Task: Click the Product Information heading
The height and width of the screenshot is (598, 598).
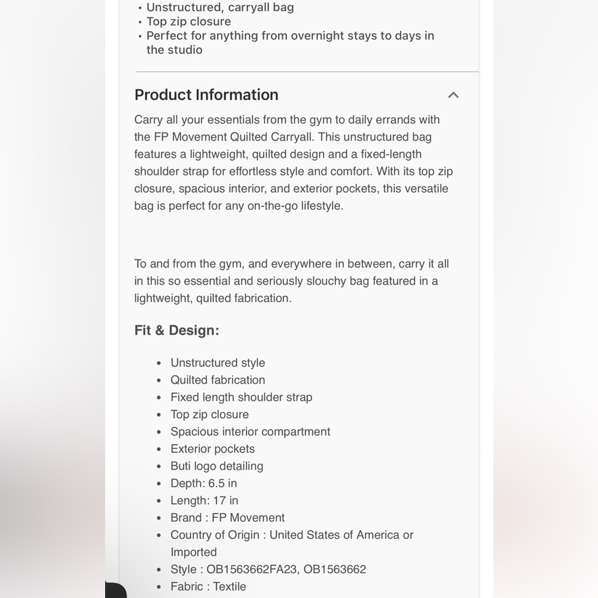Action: pos(206,95)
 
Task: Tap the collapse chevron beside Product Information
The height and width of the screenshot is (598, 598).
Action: pos(453,95)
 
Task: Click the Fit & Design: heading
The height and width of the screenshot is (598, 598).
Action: pos(176,331)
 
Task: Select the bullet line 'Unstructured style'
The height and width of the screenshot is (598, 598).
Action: pos(218,363)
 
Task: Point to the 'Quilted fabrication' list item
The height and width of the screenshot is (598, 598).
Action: pos(218,380)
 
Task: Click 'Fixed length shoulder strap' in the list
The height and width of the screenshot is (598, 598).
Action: pos(241,398)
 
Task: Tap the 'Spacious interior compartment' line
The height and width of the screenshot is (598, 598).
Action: pos(250,432)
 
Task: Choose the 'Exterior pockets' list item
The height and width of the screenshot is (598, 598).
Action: pos(212,449)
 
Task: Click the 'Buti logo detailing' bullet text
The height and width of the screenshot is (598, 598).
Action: pos(216,466)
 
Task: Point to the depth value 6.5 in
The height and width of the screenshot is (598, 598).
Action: pos(222,484)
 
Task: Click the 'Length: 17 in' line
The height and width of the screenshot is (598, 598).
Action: pos(204,501)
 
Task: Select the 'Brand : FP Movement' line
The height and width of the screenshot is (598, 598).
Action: pos(227,518)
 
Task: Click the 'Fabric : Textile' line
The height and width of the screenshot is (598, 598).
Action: pos(208,587)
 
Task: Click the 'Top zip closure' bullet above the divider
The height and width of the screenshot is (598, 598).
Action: pos(188,22)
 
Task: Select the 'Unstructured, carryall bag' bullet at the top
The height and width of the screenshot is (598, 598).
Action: pos(220,8)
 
